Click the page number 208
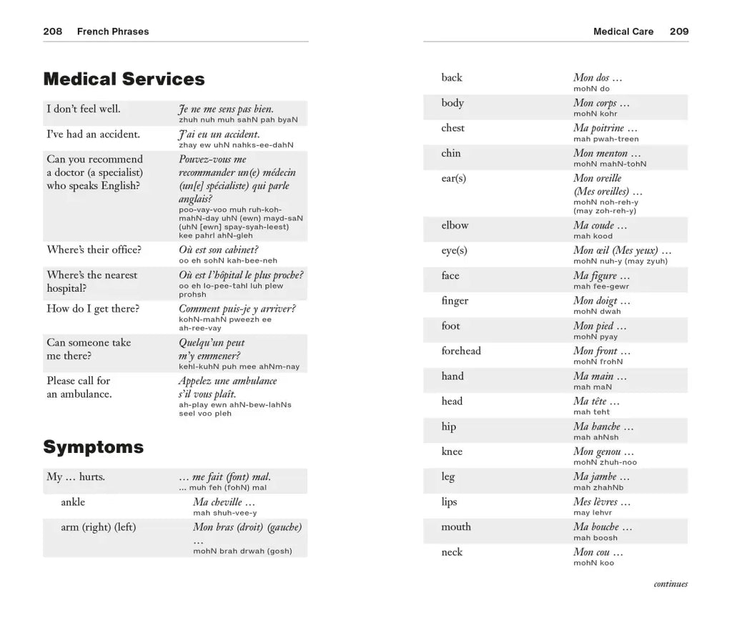point(52,31)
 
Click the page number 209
point(679,31)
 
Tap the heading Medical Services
point(124,79)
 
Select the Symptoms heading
point(93,447)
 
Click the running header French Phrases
point(113,31)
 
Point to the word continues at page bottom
point(671,584)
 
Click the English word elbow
point(455,225)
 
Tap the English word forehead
point(461,351)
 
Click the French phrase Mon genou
point(603,451)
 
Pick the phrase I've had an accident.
point(93,134)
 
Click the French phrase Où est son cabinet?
point(218,250)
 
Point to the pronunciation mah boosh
point(595,538)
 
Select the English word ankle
point(73,502)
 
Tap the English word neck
point(452,552)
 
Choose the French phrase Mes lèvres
point(602,502)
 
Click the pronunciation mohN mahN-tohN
point(609,164)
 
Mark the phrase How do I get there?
point(93,309)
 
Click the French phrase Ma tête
point(596,401)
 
